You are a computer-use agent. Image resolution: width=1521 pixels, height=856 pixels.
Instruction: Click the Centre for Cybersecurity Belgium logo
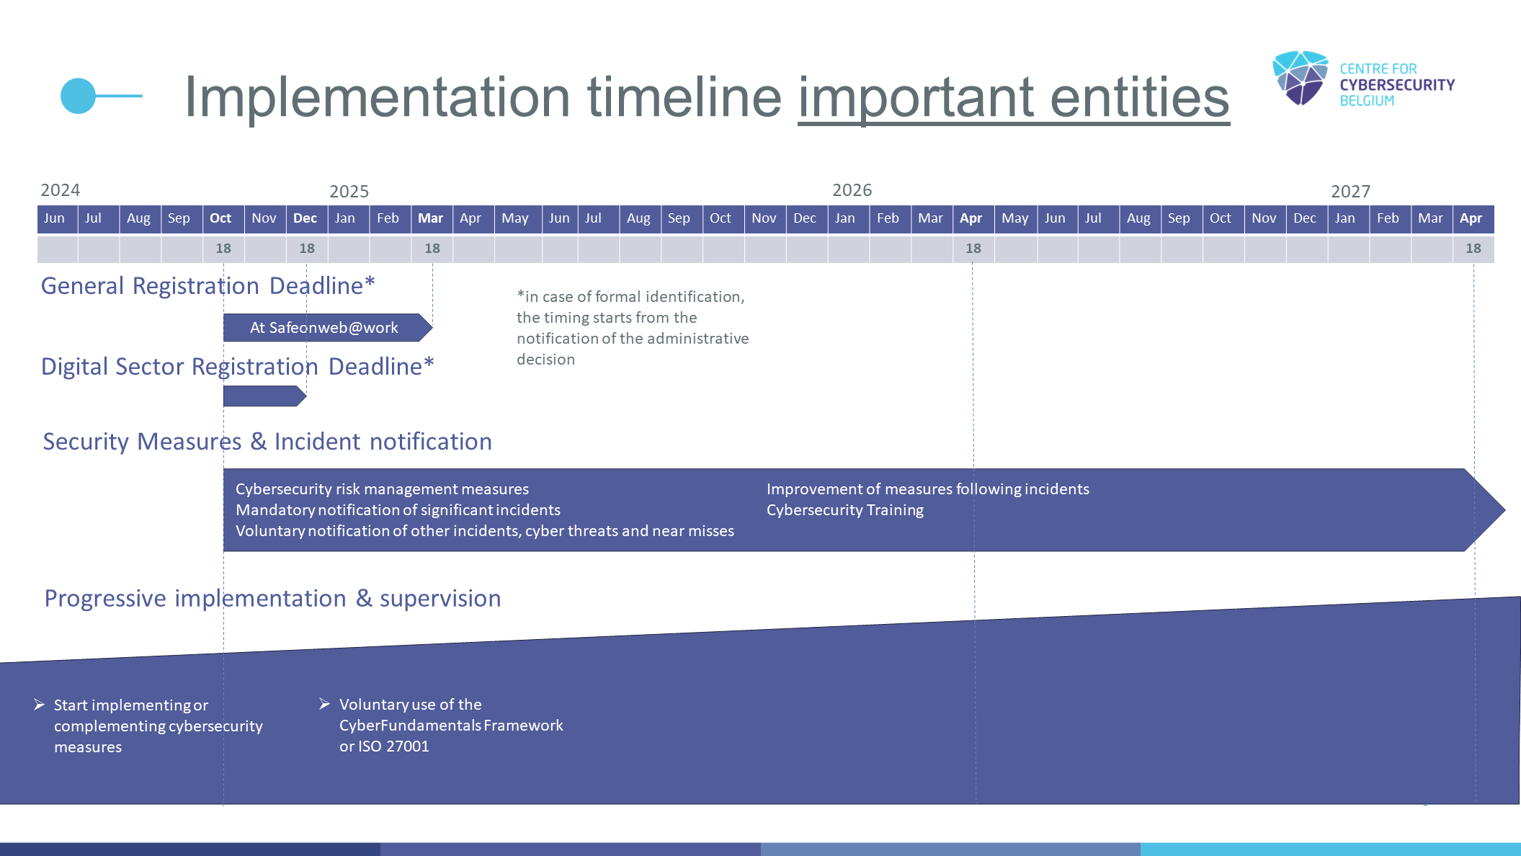point(1363,79)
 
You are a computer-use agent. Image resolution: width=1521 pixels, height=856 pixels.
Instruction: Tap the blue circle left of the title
point(78,96)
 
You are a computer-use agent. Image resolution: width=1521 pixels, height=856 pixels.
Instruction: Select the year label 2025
point(349,192)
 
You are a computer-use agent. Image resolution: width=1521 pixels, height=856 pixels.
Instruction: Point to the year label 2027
point(1350,192)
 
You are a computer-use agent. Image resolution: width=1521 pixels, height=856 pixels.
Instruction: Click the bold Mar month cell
point(431,218)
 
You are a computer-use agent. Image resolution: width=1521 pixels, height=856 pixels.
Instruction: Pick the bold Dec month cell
point(305,218)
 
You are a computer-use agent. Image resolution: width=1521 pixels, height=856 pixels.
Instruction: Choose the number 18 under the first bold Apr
point(973,249)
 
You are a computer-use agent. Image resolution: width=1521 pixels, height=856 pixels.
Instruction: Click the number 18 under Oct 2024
point(223,249)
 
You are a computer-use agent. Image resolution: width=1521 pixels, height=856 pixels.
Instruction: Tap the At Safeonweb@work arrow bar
point(328,327)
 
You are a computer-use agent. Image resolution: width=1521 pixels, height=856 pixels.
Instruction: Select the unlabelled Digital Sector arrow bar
point(265,396)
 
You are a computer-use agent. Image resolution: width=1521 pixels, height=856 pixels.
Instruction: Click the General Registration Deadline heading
point(208,286)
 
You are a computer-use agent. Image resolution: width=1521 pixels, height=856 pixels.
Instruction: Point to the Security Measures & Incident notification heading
point(267,442)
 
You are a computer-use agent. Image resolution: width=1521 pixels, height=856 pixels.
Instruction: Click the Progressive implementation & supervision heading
point(272,599)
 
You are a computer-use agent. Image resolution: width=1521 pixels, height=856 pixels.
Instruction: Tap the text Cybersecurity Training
point(844,510)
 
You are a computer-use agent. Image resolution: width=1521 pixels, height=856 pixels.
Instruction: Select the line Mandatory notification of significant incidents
point(398,510)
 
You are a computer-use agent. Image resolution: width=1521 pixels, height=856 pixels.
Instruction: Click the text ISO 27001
point(393,746)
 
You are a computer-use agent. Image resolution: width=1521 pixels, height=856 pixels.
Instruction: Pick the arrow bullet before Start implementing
point(40,705)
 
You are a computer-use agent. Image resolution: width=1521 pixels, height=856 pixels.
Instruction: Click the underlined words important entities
point(1014,98)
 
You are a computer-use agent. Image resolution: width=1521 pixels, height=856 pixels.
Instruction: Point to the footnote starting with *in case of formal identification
point(633,328)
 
